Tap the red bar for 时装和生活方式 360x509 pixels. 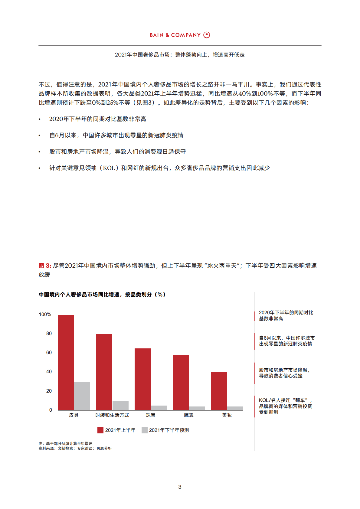coord(104,372)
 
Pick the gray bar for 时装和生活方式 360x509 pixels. coord(120,405)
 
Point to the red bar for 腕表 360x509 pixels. coord(181,382)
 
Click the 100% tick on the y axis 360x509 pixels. coord(45,315)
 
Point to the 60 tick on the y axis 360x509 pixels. coord(49,353)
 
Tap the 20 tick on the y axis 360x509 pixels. coord(49,391)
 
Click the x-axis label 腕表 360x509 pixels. coord(189,415)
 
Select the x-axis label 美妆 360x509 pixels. coord(227,415)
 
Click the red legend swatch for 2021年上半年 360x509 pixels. coord(100,430)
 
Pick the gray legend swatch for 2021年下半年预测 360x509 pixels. coord(145,430)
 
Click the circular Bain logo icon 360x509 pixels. coord(207,35)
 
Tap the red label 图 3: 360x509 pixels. coord(45,266)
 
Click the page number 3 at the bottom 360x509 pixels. coord(180,487)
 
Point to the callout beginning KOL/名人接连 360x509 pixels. coord(285,406)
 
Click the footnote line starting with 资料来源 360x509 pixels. coord(75,449)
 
